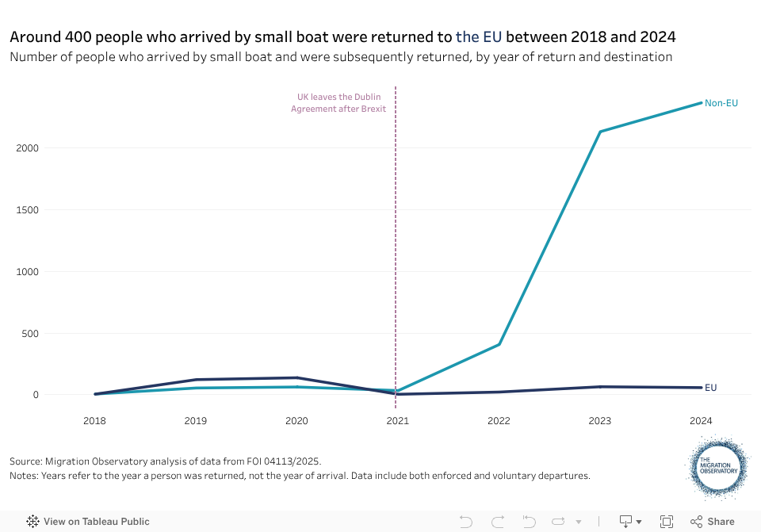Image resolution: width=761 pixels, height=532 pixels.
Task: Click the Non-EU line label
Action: click(721, 103)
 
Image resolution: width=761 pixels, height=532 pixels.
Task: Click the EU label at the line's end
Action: click(710, 388)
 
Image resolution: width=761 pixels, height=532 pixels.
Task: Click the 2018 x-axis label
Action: click(94, 421)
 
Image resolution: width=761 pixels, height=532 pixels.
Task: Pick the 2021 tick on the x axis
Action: click(397, 421)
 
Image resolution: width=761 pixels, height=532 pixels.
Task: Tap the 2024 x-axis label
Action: click(701, 421)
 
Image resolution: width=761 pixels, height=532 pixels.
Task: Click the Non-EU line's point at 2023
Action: click(600, 132)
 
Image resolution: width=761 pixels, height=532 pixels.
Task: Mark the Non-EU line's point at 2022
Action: click(499, 344)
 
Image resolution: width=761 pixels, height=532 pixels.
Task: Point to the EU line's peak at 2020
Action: click(296, 377)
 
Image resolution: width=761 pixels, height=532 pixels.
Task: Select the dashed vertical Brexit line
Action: click(396, 238)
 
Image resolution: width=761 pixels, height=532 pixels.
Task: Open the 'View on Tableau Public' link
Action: click(88, 522)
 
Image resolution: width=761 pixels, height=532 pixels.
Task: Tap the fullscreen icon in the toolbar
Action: click(667, 522)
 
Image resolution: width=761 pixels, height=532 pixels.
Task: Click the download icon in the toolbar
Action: click(626, 522)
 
